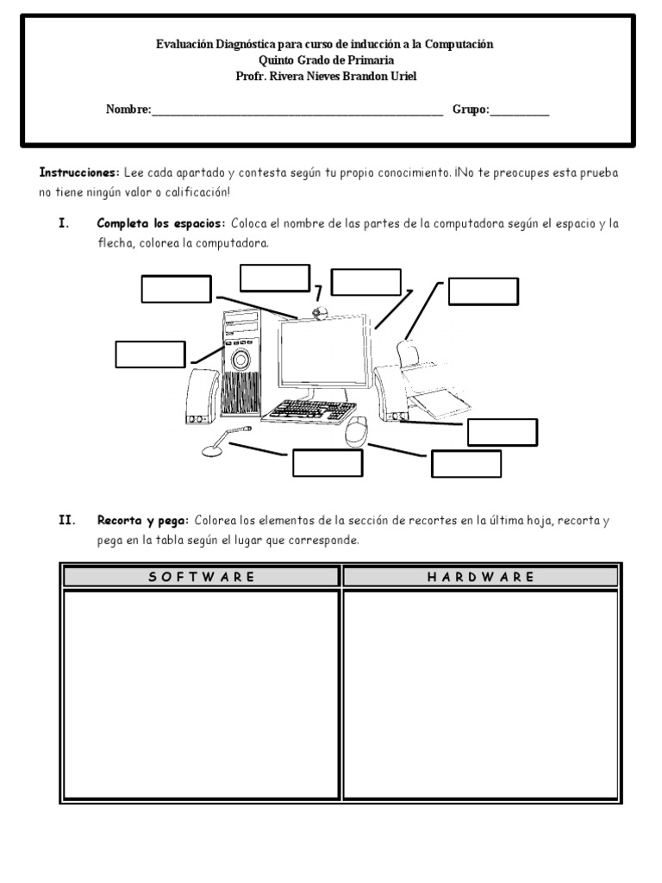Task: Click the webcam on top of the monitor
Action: point(319,312)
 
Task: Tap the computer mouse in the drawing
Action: point(356,431)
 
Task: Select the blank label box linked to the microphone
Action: point(327,463)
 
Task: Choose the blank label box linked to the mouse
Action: point(465,464)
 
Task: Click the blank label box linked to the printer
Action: point(483,291)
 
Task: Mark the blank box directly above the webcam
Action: point(274,278)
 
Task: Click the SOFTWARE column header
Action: point(202,577)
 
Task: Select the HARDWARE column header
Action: point(481,577)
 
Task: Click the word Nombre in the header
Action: point(128,110)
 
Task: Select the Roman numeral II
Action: point(66,521)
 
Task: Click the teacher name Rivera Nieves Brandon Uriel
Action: point(340,76)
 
